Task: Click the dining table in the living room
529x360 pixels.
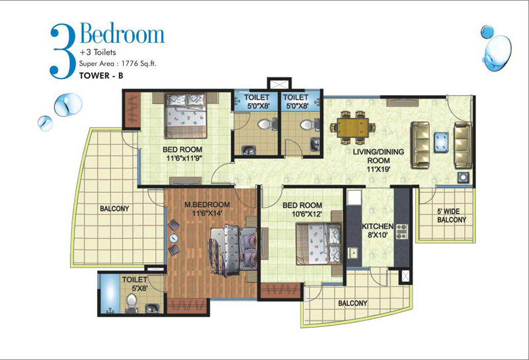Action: click(x=352, y=128)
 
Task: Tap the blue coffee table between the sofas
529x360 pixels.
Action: click(x=441, y=142)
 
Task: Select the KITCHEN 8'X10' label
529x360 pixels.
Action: click(x=378, y=230)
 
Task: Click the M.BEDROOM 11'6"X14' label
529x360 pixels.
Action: click(x=207, y=208)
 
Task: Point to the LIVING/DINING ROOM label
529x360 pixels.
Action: click(x=378, y=160)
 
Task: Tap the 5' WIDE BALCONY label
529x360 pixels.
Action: click(x=452, y=216)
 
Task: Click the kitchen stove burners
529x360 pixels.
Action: click(x=401, y=232)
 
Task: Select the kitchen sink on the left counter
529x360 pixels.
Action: click(x=353, y=253)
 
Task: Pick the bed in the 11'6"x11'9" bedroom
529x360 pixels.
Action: click(x=186, y=116)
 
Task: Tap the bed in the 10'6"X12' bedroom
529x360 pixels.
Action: click(x=319, y=243)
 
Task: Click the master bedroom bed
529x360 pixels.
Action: click(x=233, y=249)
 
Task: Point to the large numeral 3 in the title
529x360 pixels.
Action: click(x=62, y=52)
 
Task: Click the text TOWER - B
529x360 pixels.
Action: click(x=101, y=75)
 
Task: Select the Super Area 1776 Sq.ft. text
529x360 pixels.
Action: click(x=118, y=64)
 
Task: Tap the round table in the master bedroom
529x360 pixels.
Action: click(x=173, y=238)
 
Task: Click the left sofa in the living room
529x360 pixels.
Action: click(x=420, y=145)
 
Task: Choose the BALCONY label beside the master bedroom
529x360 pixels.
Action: click(x=114, y=208)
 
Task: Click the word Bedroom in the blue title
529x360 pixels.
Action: click(x=122, y=34)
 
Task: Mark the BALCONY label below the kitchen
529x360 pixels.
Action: click(x=352, y=303)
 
